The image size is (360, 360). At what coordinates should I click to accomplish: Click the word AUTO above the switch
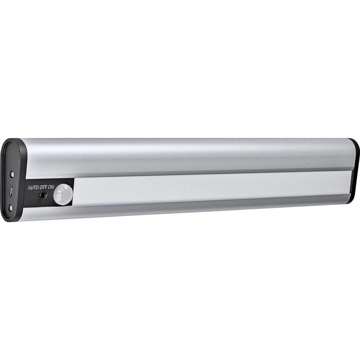33,188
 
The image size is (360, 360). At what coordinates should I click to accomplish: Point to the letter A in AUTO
29,188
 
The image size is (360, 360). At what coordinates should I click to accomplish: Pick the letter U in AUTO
32,188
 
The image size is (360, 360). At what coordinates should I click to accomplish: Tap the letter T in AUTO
35,188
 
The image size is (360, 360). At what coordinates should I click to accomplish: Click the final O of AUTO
37,188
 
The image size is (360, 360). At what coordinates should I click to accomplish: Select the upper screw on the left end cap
13,174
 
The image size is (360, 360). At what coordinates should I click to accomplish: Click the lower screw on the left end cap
12,207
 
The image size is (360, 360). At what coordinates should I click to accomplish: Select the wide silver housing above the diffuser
187,155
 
